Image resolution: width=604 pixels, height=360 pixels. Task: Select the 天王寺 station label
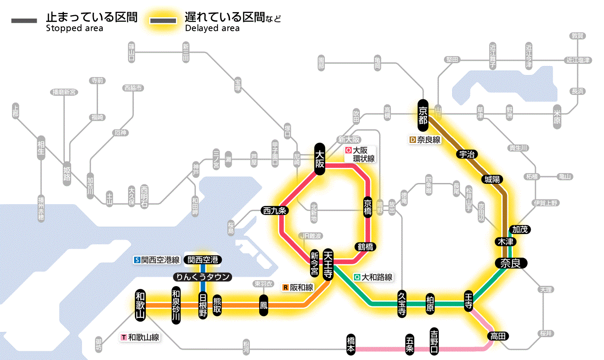pos(328,264)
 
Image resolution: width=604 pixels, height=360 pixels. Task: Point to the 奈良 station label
pos(511,263)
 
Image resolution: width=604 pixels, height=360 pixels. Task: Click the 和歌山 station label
pos(141,305)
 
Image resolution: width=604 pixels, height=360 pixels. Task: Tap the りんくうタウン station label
pos(202,277)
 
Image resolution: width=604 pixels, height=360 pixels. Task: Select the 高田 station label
pos(498,336)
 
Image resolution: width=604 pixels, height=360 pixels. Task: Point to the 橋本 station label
pos(351,344)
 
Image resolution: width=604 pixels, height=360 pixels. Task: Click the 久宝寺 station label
pos(402,304)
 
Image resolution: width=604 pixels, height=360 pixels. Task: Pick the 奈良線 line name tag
pos(425,140)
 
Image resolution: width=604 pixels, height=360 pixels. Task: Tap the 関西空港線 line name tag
pos(157,260)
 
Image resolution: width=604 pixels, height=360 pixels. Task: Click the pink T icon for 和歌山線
pos(124,337)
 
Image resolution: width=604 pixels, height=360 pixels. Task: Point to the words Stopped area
pos(74,28)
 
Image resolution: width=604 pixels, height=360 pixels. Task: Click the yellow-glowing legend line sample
pos(163,20)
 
